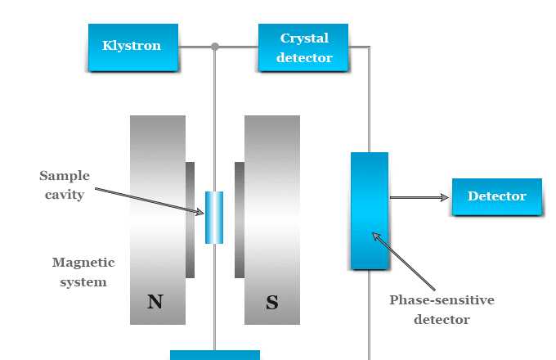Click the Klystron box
(x=132, y=46)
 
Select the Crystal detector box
(x=303, y=47)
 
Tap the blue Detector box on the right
(x=497, y=196)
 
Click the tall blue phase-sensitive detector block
(x=370, y=210)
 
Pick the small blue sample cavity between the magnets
(x=214, y=217)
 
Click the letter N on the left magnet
(x=155, y=302)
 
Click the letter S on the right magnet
(x=272, y=303)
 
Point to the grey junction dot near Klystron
(x=215, y=47)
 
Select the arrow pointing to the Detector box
(x=419, y=197)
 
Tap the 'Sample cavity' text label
(x=63, y=185)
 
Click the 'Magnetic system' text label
(x=83, y=272)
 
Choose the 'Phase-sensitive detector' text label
(x=442, y=309)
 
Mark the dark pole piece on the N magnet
(x=190, y=219)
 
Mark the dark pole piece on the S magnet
(x=240, y=219)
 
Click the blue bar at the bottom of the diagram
(x=214, y=355)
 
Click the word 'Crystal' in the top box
(x=304, y=38)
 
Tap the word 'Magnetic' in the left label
(x=83, y=263)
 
